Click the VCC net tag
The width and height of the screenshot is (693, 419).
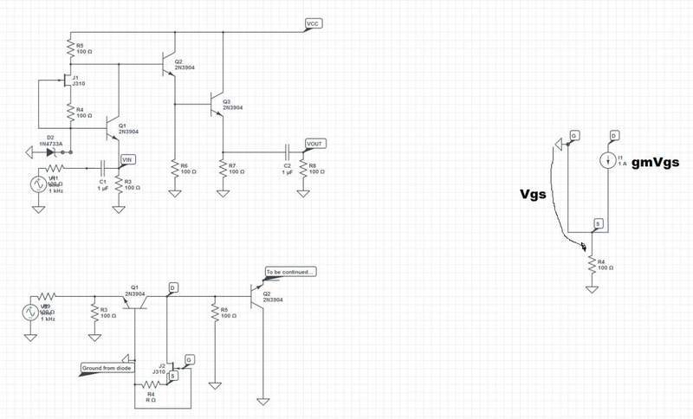click(x=314, y=23)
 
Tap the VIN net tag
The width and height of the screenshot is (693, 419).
click(x=127, y=158)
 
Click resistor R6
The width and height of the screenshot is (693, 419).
click(x=174, y=167)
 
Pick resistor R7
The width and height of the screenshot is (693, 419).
click(x=223, y=167)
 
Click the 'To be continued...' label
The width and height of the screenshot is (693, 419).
click(x=291, y=272)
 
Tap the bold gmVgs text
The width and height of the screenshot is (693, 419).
click(x=655, y=162)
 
